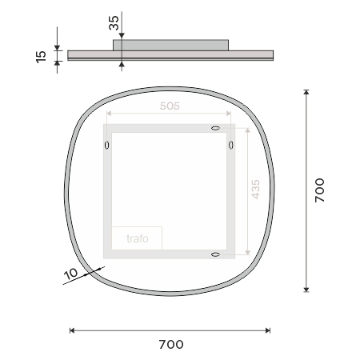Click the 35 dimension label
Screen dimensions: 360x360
pos(114,23)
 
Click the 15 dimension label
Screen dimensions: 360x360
pos(41,57)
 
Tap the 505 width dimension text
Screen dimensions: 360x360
pos(170,106)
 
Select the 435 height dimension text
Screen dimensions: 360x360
pos(255,190)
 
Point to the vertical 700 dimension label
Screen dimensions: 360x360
pos(319,190)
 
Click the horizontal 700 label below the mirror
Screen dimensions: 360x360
pos(171,345)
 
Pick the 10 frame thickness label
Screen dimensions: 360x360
pos(71,274)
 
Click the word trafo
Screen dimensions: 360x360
pos(138,238)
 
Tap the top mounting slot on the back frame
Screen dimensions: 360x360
pos(215,128)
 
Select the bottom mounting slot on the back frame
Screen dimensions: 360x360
pos(215,254)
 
